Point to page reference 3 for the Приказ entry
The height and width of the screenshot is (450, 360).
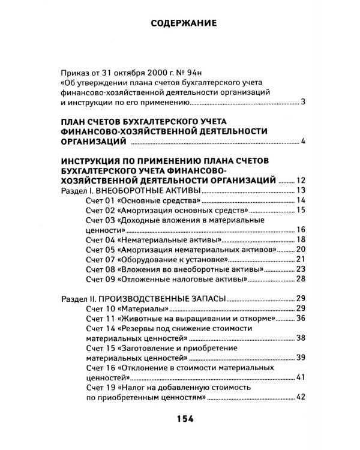304,103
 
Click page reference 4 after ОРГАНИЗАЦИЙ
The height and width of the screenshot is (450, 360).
304,142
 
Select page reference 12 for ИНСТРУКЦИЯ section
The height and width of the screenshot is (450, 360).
302,179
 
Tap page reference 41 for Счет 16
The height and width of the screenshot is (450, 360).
302,377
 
